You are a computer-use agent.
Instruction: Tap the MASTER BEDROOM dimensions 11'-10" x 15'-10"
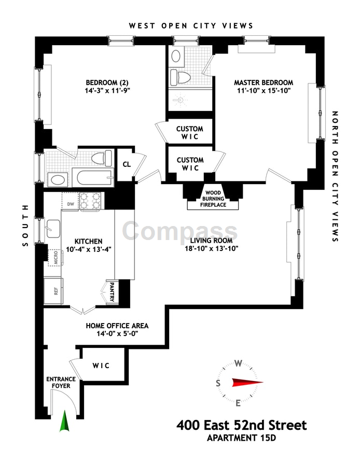(x=263, y=92)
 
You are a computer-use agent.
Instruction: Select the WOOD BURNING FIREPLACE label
(x=214, y=199)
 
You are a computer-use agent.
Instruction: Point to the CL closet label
(x=126, y=165)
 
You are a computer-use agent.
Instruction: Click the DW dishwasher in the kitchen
(x=70, y=203)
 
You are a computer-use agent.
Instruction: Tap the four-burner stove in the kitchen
(x=90, y=201)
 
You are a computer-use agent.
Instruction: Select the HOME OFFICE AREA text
(x=117, y=326)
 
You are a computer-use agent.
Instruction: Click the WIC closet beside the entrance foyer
(x=101, y=365)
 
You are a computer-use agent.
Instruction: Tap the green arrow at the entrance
(x=64, y=421)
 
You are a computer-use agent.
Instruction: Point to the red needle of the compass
(x=247, y=383)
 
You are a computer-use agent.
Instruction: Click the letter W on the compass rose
(x=239, y=363)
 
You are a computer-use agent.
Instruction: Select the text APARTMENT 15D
(x=242, y=439)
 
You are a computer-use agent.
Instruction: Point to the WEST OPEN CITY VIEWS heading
(x=191, y=25)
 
